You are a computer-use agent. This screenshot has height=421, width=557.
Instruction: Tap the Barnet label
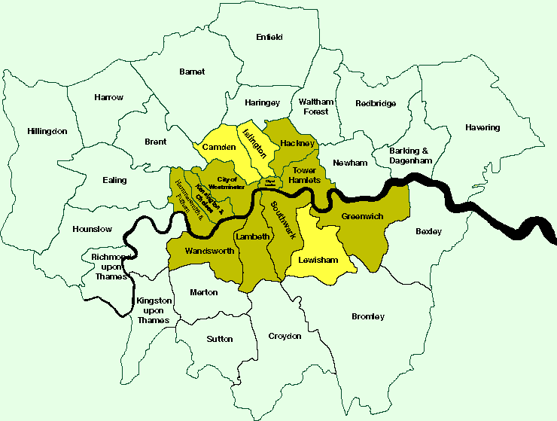click(192, 72)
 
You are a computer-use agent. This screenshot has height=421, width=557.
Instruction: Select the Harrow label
click(108, 97)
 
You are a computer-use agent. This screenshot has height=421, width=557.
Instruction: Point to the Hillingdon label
click(47, 131)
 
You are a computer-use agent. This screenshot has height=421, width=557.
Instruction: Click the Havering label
click(482, 127)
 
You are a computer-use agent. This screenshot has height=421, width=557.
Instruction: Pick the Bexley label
click(428, 231)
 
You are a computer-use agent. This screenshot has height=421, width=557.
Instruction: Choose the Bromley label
click(368, 316)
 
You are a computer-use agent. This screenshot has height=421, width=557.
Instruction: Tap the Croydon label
click(285, 336)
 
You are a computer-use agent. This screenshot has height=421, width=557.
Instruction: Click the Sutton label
click(220, 339)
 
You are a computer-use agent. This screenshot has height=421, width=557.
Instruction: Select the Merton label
click(204, 292)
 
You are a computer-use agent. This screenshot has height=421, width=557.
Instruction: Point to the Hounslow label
click(93, 229)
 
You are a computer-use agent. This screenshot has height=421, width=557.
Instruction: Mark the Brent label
click(155, 142)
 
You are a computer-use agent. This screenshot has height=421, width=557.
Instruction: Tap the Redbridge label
click(376, 103)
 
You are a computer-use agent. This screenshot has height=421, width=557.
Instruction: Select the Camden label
click(219, 147)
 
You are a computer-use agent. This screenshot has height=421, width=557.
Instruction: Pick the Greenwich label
click(363, 216)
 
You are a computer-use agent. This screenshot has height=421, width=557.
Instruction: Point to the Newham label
click(350, 163)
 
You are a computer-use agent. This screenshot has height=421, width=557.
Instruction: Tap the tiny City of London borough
click(270, 182)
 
